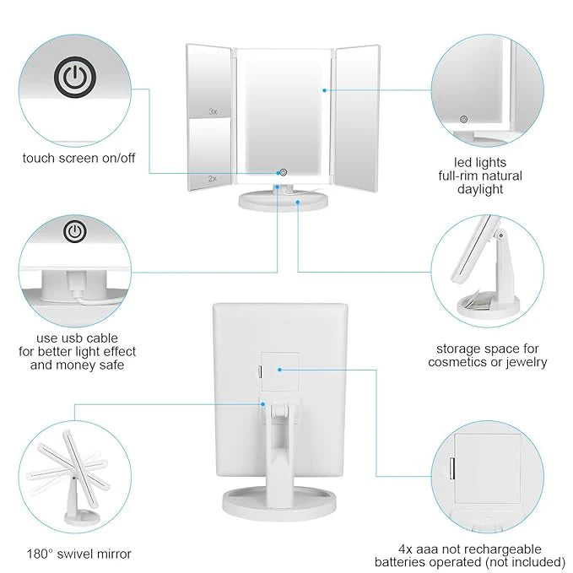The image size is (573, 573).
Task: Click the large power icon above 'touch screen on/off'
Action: click(75, 77)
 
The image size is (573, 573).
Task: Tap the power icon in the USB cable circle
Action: click(75, 231)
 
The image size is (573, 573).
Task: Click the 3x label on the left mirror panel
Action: click(213, 111)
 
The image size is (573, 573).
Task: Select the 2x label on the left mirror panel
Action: click(213, 179)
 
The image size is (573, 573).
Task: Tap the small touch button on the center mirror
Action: click(283, 172)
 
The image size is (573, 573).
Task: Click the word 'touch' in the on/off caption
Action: click(39, 159)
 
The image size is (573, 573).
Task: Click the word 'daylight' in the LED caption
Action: click(480, 189)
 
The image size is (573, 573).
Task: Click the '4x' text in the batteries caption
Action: click(405, 549)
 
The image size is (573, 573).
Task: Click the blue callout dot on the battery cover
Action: click(279, 370)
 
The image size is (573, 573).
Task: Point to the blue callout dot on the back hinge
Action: click(262, 404)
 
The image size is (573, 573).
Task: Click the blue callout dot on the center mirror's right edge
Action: click(325, 90)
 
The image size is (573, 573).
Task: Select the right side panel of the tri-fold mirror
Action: click(357, 117)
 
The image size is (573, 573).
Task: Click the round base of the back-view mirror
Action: click(279, 504)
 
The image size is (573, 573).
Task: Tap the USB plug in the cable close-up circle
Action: click(76, 284)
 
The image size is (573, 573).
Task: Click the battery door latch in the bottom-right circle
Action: click(452, 468)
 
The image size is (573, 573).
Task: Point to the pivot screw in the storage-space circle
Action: click(500, 235)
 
